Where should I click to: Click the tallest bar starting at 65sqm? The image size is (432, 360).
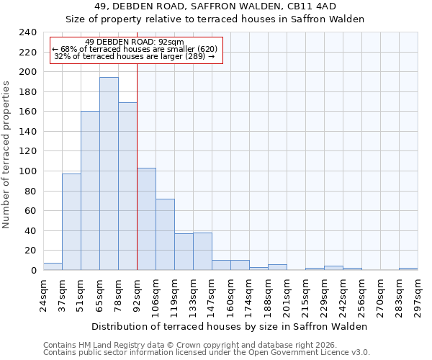point(109,174)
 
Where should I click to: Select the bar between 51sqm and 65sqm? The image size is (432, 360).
point(90,191)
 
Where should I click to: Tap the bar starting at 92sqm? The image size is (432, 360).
point(146,219)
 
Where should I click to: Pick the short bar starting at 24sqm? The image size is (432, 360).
point(53,266)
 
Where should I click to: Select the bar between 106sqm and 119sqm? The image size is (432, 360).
point(165,234)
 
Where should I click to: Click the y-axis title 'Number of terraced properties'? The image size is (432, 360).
point(6,155)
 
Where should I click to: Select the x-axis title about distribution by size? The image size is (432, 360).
point(230,326)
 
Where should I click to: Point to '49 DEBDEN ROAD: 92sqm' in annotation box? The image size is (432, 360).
point(134,42)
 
